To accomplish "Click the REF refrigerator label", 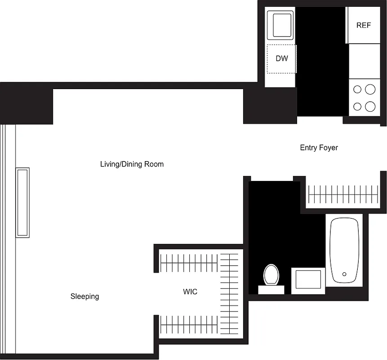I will [x=364, y=25].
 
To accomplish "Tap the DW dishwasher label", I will [x=282, y=58].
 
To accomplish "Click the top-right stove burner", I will [x=370, y=89].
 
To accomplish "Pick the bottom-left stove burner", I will [x=357, y=107].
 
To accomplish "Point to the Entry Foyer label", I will [x=319, y=148].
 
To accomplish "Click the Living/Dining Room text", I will [x=132, y=164].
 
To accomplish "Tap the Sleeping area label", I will [x=85, y=297].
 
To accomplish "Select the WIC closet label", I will [x=190, y=292].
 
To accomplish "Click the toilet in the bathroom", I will [x=271, y=275].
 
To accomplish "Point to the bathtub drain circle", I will [x=345, y=274].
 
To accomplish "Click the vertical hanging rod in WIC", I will [x=230, y=292].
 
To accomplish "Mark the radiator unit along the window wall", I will [x=22, y=202].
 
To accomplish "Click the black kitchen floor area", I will [x=321, y=63].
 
